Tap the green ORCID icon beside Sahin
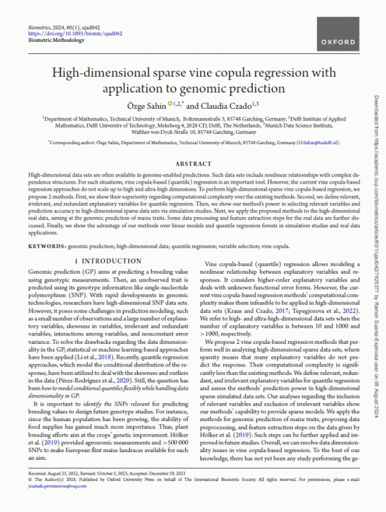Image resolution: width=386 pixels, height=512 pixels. click(170, 102)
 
